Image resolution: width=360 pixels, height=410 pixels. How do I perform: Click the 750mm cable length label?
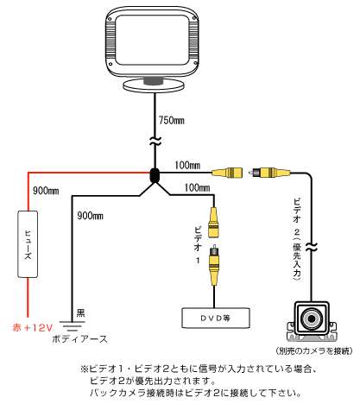click(x=172, y=120)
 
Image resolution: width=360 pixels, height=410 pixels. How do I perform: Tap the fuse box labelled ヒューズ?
click(x=28, y=244)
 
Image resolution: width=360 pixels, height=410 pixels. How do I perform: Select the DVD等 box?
click(x=216, y=318)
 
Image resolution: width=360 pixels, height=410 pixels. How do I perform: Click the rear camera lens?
click(x=312, y=319)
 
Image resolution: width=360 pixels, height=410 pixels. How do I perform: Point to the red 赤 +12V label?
click(x=33, y=327)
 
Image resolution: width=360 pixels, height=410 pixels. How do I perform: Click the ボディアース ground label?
click(x=79, y=339)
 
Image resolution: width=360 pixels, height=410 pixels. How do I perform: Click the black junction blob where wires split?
click(x=155, y=175)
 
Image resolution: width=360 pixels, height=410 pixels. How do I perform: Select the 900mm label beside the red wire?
click(x=46, y=191)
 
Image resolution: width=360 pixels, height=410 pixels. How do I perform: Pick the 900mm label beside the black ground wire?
click(x=90, y=216)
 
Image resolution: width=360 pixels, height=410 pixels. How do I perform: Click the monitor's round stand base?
click(x=154, y=85)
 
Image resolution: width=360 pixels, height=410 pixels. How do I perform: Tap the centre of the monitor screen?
click(x=152, y=40)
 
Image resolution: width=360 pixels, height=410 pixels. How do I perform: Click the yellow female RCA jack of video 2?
click(x=227, y=173)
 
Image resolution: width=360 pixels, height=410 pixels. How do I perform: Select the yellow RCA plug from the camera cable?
click(x=271, y=173)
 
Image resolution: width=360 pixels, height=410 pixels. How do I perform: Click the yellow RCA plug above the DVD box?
click(x=214, y=265)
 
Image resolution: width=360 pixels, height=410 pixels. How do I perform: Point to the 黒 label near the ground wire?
click(x=80, y=313)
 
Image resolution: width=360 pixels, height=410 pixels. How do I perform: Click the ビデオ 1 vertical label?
click(x=198, y=245)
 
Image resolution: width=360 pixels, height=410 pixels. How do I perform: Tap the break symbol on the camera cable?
click(x=312, y=247)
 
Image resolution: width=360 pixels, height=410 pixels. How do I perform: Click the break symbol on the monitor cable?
click(x=155, y=141)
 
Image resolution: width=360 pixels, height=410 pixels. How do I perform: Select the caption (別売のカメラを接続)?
click(x=313, y=350)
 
